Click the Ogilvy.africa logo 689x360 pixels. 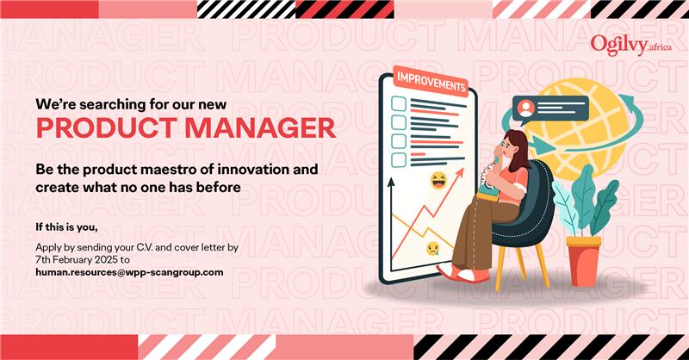point(631,46)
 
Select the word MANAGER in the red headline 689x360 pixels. point(261,128)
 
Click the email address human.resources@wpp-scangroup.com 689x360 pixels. point(129,272)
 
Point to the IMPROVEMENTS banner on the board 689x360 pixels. point(431,81)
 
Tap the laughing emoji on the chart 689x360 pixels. point(438,181)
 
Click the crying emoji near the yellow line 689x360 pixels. point(433,249)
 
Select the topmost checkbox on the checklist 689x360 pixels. point(398,103)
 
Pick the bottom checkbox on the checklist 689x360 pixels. point(398,160)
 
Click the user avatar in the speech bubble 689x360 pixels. point(526,108)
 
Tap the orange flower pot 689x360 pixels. point(584,260)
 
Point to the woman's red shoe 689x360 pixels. point(462,273)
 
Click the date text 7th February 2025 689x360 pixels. point(77,260)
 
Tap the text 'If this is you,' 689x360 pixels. point(66,227)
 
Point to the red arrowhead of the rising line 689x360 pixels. point(459,172)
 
